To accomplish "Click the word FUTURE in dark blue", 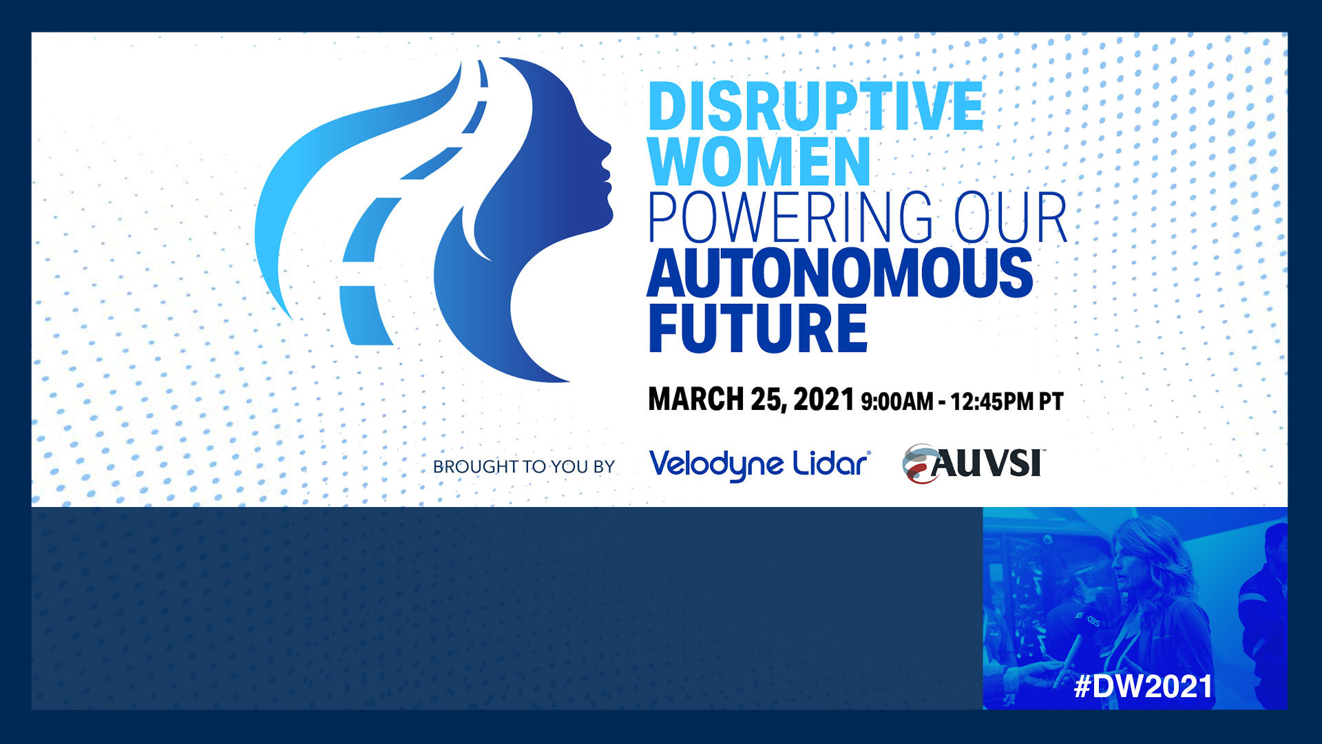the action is [758, 328].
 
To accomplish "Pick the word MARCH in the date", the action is [696, 400].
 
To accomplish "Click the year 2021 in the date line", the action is [824, 400].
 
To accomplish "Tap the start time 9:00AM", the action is [897, 402].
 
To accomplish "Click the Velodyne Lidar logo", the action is [759, 464].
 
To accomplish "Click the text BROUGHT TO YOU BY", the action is [524, 466].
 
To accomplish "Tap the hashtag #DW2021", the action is [1143, 686].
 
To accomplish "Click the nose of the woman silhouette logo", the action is [607, 147].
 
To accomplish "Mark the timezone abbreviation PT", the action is [1051, 402].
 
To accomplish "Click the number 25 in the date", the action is [767, 400].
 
